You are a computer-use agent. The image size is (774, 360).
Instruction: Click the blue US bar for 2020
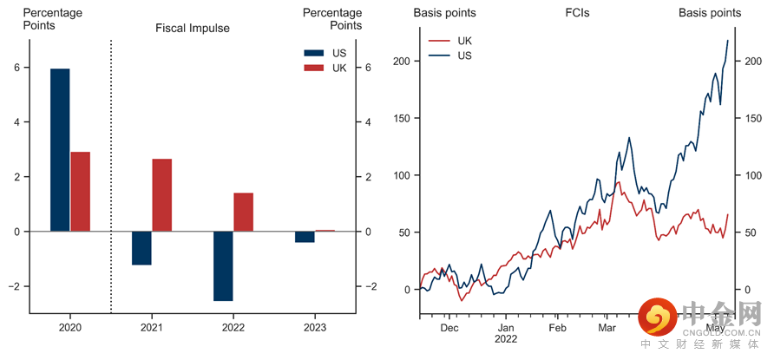coord(60,150)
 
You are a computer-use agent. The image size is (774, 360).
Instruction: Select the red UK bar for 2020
coord(81,192)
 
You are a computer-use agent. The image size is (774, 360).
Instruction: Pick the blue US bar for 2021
coord(141,248)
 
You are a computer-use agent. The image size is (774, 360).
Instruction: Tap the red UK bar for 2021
coord(162,195)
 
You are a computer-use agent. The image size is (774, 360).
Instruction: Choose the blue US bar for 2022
coord(223,266)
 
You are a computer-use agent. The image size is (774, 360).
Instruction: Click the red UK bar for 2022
coord(244,212)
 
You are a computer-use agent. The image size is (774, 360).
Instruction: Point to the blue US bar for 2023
coord(305,237)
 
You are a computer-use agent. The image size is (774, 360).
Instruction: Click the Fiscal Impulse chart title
coord(193,28)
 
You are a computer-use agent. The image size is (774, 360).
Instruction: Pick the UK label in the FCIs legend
coord(464,41)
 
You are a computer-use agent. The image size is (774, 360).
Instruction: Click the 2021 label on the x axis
coord(152,328)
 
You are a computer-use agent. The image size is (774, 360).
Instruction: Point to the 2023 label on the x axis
coord(315,328)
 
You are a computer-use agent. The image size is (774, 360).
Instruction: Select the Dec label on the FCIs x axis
coord(449,329)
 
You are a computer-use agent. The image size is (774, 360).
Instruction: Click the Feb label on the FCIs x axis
coord(557,329)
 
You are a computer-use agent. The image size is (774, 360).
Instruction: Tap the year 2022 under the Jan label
coord(506,339)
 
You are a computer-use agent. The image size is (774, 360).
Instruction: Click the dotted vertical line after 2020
coord(111,173)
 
